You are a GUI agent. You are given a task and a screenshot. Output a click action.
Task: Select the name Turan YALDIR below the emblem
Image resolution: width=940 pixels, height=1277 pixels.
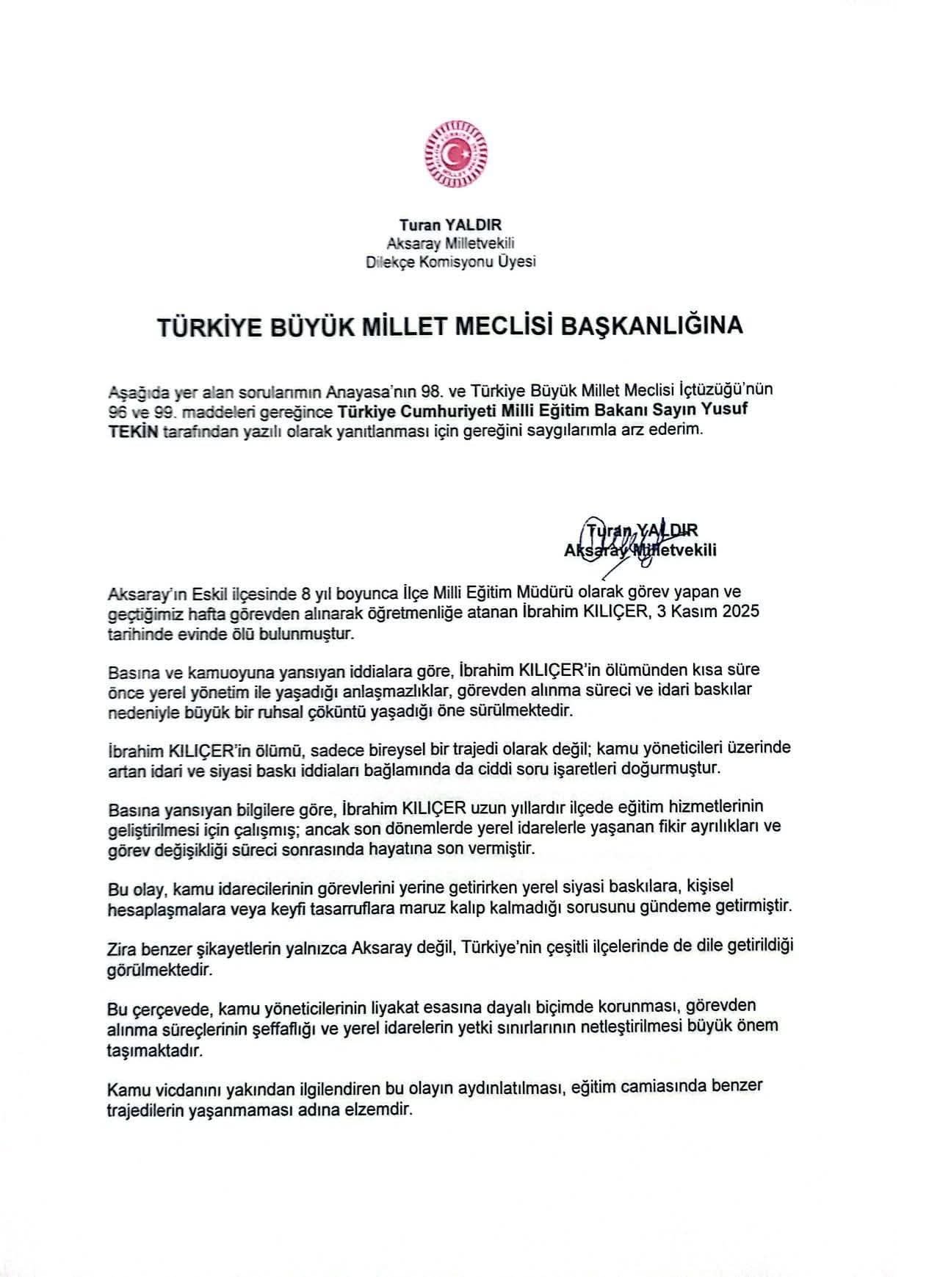click(451, 226)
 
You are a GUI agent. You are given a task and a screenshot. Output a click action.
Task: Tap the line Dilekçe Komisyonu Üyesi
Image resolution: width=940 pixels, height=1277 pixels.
click(451, 261)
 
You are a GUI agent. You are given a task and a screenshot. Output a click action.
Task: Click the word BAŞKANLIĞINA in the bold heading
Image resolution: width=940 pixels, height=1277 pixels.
click(652, 325)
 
